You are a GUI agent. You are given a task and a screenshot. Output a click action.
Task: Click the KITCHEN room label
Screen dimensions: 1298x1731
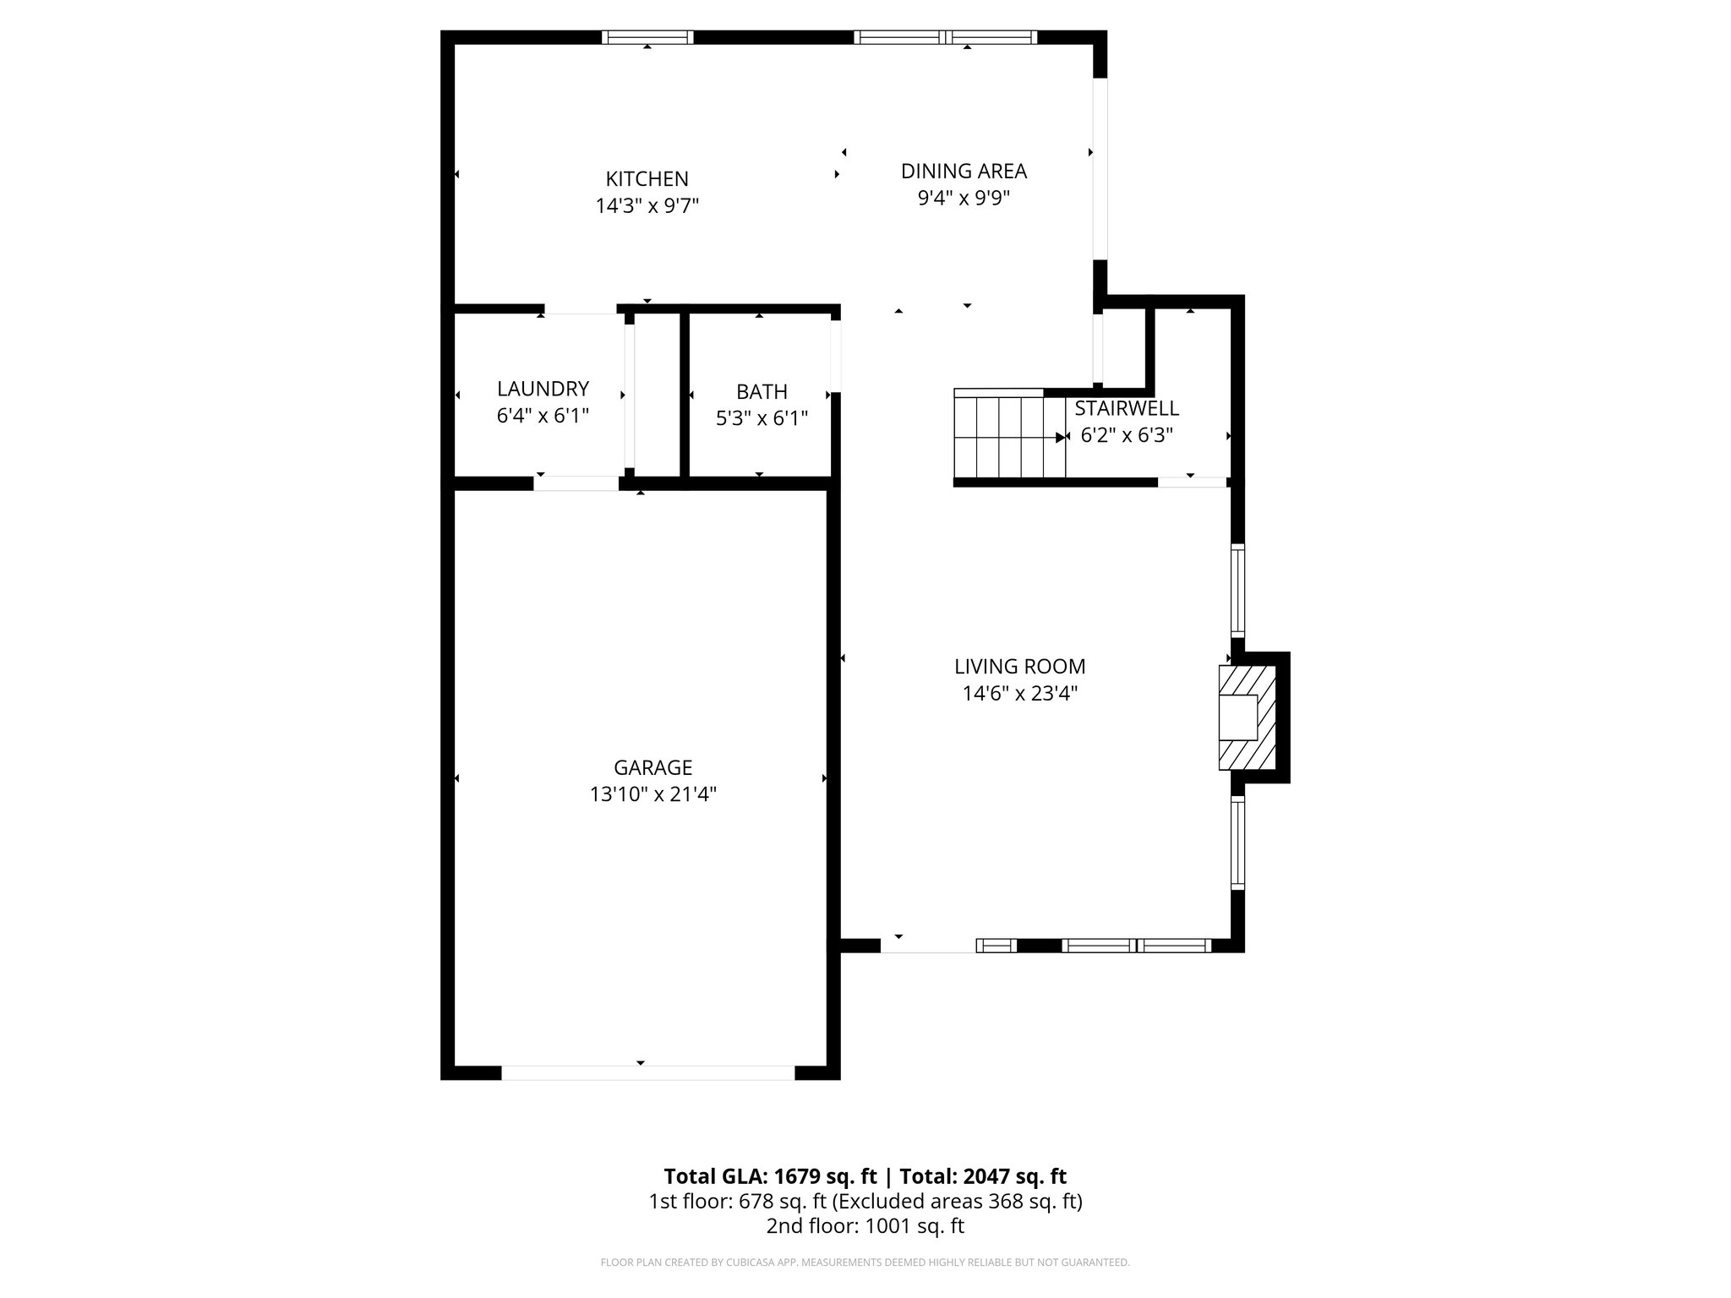[x=647, y=179]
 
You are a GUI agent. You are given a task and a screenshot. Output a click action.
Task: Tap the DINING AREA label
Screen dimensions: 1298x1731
[x=964, y=171]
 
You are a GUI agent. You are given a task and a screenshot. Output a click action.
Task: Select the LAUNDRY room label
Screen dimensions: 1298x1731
[x=543, y=389]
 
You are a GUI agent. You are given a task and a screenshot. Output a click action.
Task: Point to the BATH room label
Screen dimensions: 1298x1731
[x=762, y=391]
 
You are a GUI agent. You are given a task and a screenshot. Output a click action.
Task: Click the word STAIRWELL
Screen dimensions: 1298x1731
[x=1126, y=408]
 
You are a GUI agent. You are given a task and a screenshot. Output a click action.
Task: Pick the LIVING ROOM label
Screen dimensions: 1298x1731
[x=1019, y=666]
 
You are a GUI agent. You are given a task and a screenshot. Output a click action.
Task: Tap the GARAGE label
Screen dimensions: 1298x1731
[x=653, y=767]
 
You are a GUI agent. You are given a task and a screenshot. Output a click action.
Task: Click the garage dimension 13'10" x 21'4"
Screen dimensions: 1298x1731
[x=653, y=794]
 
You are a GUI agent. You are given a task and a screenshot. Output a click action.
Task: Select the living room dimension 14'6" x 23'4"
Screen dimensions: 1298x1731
[x=1019, y=694]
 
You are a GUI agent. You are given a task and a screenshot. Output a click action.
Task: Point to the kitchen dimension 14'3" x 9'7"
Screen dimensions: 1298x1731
[x=647, y=206]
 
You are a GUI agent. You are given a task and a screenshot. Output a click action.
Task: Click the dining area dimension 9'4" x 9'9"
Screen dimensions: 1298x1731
[x=964, y=198]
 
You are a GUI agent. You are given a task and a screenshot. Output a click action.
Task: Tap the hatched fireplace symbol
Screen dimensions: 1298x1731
[x=1246, y=717]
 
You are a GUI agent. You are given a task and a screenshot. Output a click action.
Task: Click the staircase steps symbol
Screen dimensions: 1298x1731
[x=1008, y=436]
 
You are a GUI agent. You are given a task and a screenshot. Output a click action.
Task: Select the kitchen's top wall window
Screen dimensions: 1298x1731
[x=647, y=37]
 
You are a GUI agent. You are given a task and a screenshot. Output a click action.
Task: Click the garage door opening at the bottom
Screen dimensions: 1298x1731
[x=647, y=1072]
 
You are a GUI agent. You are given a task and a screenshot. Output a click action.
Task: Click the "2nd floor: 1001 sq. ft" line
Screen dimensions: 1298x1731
[x=865, y=1225]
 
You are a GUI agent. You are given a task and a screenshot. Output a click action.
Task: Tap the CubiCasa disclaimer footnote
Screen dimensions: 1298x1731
[x=865, y=1263]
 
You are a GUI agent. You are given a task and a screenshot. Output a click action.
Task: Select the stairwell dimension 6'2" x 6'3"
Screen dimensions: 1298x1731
[x=1126, y=435]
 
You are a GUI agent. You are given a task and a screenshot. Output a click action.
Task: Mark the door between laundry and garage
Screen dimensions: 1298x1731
[x=576, y=483]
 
